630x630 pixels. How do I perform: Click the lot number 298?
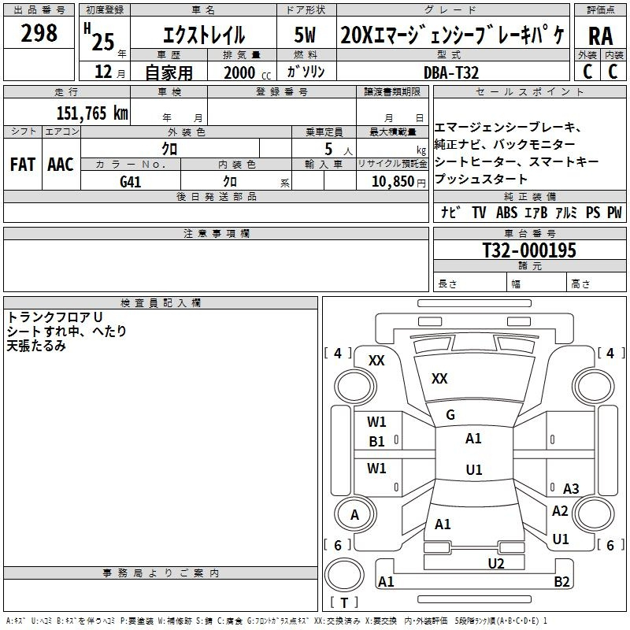39,33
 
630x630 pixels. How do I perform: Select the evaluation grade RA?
600,35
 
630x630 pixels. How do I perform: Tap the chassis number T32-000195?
529,250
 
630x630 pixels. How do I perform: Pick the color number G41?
131,181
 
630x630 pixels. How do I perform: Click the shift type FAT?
23,165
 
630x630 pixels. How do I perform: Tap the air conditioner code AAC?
61,165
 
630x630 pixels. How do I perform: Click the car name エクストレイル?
203,35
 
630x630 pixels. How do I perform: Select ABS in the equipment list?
507,213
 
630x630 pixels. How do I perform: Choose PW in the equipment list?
614,213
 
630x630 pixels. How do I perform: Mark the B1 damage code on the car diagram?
377,442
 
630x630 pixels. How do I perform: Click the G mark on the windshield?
450,414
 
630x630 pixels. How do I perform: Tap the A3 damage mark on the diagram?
571,489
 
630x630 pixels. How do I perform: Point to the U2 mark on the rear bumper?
495,562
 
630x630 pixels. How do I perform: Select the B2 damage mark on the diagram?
561,582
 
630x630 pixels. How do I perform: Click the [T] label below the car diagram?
344,602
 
